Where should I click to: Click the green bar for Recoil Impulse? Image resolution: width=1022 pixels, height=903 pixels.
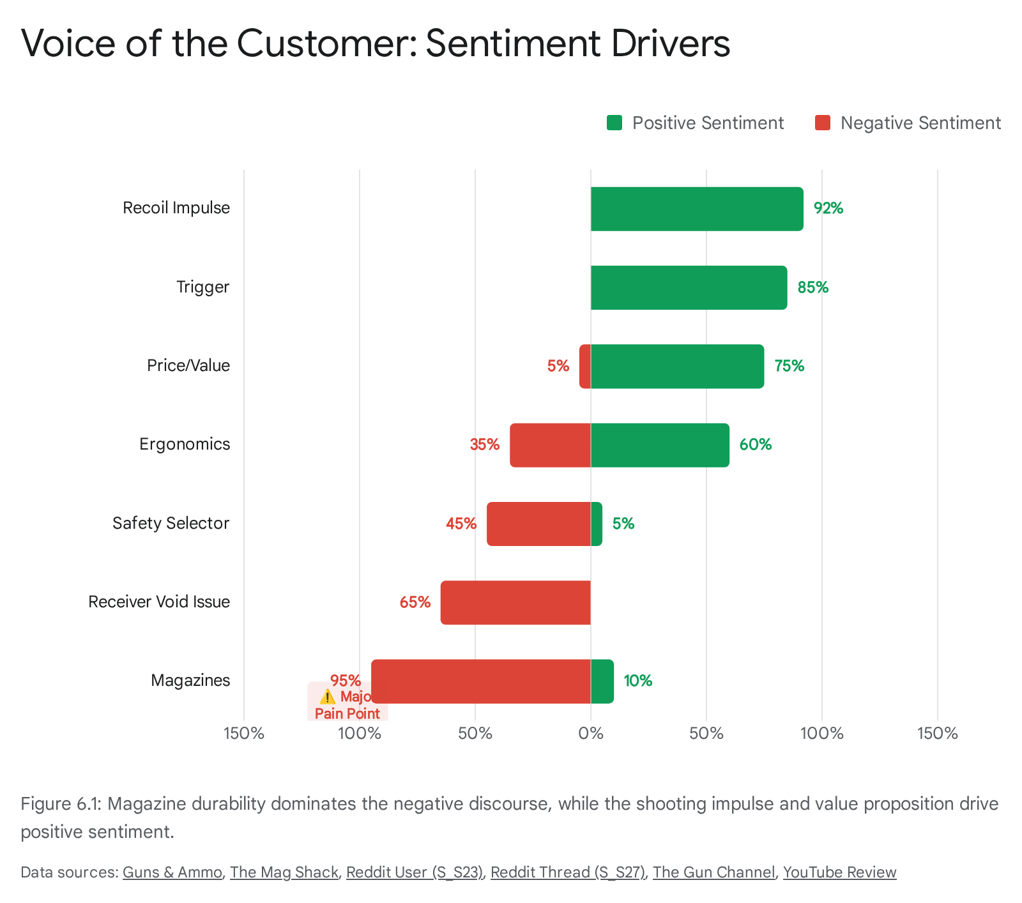696,209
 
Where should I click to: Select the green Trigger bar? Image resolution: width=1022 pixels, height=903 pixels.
689,287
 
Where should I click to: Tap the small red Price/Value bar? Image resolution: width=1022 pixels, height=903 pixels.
584,367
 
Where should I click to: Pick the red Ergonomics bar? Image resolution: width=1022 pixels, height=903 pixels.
550,445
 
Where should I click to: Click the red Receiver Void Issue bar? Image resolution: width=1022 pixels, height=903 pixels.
515,602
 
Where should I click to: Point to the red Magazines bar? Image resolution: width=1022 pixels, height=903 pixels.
480,681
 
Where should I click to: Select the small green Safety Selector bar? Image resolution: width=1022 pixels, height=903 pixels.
597,524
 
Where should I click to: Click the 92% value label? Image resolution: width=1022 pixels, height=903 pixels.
828,208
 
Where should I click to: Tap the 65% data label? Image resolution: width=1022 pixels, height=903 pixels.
415,602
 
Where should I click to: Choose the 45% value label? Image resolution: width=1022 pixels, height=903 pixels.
461,524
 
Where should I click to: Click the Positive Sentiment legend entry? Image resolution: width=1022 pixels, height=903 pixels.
695,123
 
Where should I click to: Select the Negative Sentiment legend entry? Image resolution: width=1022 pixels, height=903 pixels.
908,123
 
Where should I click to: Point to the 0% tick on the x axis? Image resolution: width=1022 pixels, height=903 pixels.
591,733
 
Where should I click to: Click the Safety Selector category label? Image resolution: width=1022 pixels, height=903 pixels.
171,524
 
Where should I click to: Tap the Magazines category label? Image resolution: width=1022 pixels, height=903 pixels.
190,681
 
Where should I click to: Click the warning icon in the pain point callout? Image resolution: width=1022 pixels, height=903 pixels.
327,697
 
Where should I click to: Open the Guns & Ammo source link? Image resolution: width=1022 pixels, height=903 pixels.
172,872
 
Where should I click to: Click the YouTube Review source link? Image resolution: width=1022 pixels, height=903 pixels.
839,872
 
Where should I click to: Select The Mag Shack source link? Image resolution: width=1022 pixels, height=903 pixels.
284,872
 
